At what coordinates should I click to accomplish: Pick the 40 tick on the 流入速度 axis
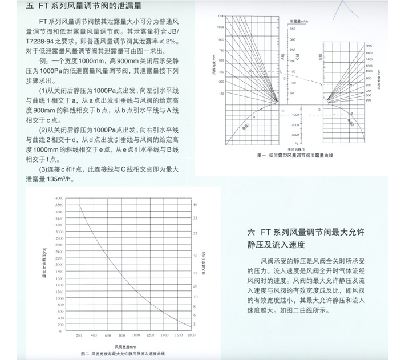(x=195, y=204)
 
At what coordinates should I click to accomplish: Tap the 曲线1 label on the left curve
(x=246, y=127)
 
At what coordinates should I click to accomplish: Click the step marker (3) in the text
(x=44, y=169)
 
